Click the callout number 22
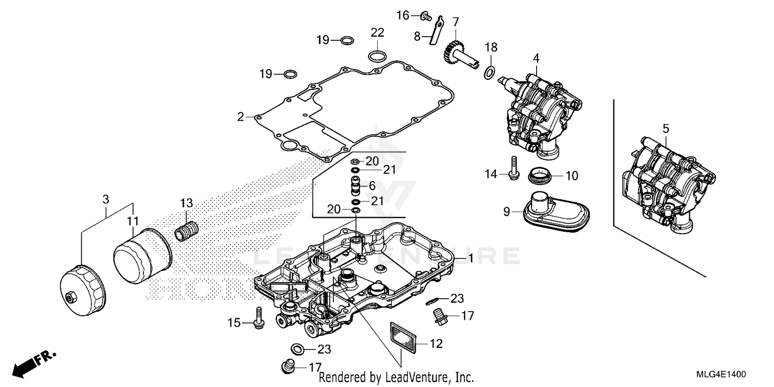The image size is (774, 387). [x=377, y=33]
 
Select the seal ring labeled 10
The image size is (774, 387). [x=540, y=176]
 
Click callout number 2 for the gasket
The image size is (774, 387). [x=240, y=117]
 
